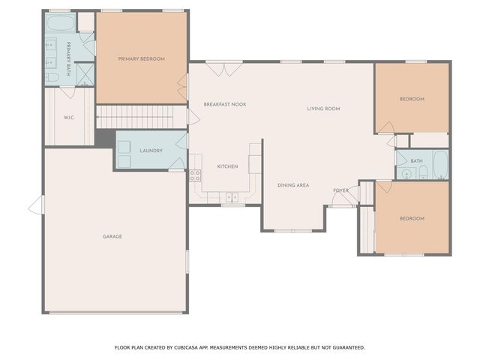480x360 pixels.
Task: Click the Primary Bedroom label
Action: (x=142, y=58)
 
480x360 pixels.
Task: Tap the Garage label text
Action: (x=112, y=236)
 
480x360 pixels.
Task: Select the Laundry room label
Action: (x=151, y=151)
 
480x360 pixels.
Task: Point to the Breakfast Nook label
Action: (x=225, y=104)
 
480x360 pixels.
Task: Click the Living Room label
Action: (x=323, y=109)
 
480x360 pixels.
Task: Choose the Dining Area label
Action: (x=293, y=185)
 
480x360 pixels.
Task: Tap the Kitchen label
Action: (x=227, y=166)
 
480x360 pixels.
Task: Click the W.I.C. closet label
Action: (x=69, y=118)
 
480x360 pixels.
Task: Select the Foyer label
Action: (x=340, y=190)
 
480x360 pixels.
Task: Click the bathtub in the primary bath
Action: (x=61, y=22)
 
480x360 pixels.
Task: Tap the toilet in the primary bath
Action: (x=52, y=77)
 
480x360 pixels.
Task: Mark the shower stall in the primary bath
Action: (x=85, y=74)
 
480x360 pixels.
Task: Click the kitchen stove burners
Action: (x=195, y=175)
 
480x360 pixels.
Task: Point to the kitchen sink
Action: (x=232, y=197)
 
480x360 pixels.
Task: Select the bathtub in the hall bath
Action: (x=441, y=164)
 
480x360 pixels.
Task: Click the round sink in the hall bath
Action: (x=406, y=174)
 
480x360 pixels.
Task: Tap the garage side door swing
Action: (x=37, y=205)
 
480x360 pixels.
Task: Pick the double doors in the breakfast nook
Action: (x=224, y=70)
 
